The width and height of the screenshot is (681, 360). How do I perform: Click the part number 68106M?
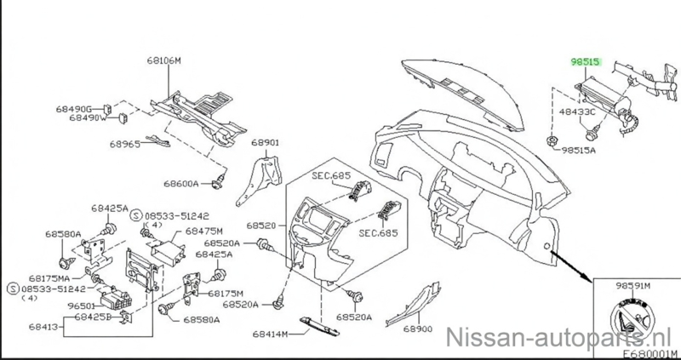coord(163,61)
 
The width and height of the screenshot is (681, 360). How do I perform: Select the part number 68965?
coord(124,145)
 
